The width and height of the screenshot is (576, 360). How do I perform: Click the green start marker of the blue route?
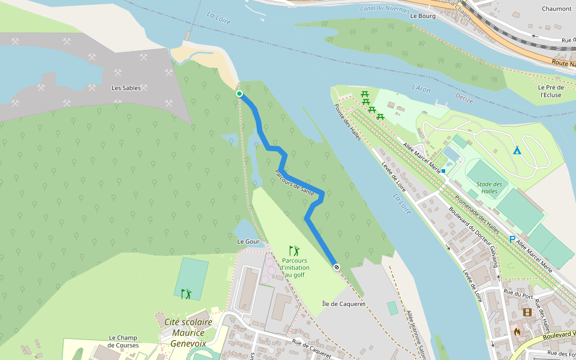pos(239,94)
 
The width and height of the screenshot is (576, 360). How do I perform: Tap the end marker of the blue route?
pos(337,266)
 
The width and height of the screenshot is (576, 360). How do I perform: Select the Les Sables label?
pos(126,88)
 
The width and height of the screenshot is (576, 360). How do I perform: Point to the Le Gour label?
pos(248,241)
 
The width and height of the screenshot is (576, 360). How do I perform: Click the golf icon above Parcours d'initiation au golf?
pos(293,251)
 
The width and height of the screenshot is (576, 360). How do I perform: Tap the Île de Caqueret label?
pos(343,304)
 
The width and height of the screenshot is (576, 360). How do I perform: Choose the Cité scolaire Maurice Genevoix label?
pos(185,333)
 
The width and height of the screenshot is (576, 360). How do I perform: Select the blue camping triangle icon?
pos(517,150)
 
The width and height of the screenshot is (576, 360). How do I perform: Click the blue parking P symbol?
pos(512,239)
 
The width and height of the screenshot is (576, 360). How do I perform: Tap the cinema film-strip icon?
pos(527,312)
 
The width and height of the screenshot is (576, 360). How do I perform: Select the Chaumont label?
pos(556,9)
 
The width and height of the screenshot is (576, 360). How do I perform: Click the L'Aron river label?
pos(421,88)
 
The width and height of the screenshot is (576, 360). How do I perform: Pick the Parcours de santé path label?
pos(294,182)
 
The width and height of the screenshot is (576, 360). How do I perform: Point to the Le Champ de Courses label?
pos(123,341)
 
